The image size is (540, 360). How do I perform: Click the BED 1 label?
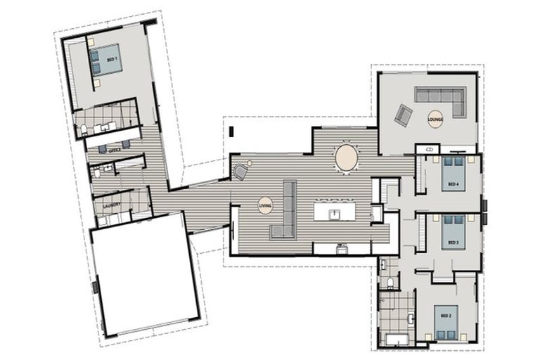pos(112,60)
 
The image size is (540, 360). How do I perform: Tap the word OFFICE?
pos(115,150)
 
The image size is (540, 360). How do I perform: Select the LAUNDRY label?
pos(112,205)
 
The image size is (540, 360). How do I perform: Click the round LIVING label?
pos(264,205)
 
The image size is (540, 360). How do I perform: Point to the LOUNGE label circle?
pos(435,119)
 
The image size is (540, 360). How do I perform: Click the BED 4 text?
pos(454,185)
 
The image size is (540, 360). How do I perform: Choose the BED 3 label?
pos(454,243)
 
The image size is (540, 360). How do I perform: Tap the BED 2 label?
pos(444,315)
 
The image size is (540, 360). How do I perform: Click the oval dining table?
pos(347,157)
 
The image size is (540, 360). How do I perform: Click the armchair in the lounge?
pos(404,115)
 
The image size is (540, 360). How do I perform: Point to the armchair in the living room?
pos(240,171)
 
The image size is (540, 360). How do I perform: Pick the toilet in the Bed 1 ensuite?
pos(84,129)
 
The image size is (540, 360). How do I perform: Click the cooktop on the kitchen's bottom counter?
pos(342,247)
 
